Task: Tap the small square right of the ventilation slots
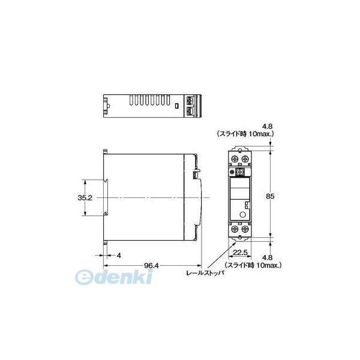click(x=177, y=106)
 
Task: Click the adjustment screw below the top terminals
click(x=240, y=172)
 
